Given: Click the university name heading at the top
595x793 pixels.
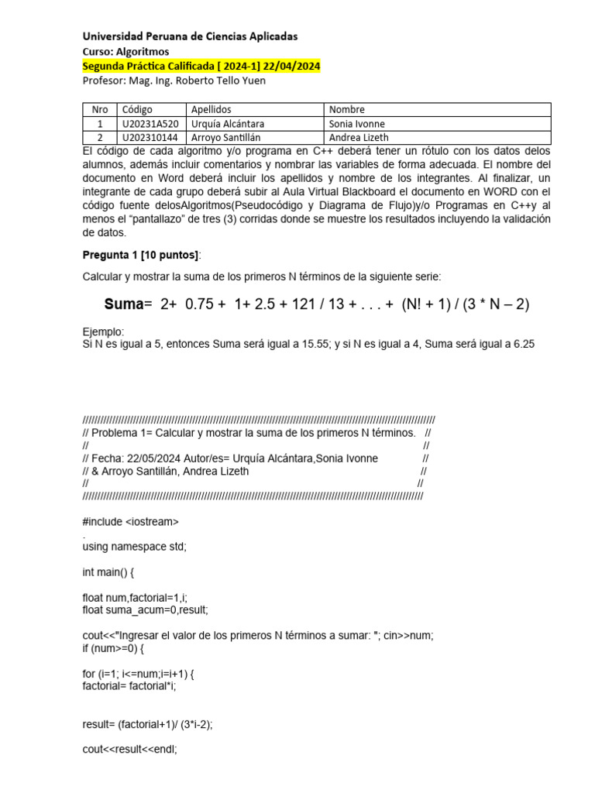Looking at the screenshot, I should [x=189, y=36].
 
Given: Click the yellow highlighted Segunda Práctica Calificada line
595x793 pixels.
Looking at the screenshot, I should [x=201, y=67].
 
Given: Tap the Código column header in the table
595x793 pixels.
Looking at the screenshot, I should [x=137, y=110].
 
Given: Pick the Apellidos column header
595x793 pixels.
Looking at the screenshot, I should [x=211, y=110].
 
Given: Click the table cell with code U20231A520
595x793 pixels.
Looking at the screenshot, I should [x=150, y=124].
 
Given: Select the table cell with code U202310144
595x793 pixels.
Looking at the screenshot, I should [x=150, y=138].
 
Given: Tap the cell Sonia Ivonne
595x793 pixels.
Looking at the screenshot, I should [x=357, y=124].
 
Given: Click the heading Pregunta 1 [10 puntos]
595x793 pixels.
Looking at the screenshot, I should [x=141, y=256].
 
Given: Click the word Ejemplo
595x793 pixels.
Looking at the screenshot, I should [x=102, y=331].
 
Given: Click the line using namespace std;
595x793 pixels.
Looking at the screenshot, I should [x=134, y=546].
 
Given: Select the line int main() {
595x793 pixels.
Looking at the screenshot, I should [x=113, y=572].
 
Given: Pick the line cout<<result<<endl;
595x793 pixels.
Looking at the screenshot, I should [x=129, y=750].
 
